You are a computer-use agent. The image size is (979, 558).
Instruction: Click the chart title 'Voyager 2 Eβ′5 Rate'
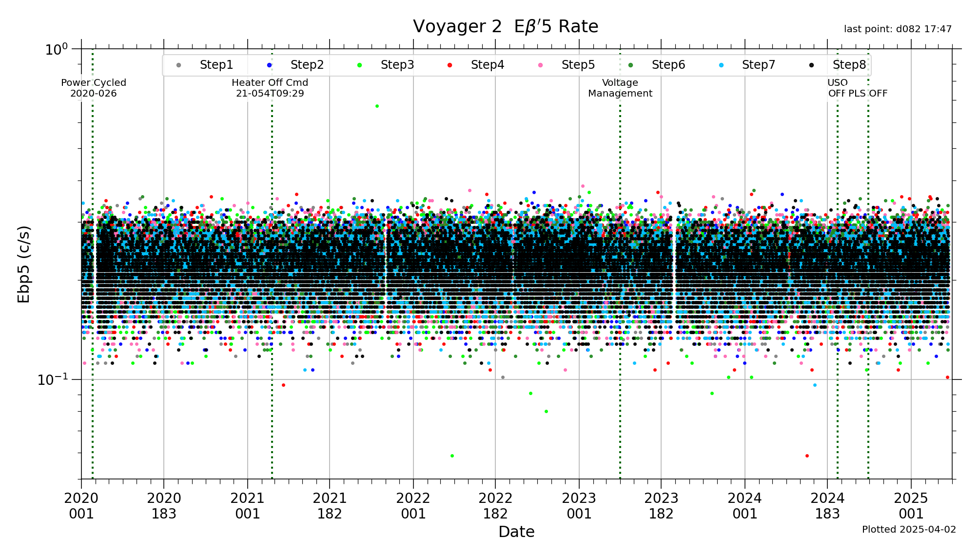coord(505,26)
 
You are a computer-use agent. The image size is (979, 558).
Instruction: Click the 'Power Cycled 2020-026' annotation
coord(94,88)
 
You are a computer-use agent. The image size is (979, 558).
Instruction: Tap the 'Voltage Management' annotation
coord(620,88)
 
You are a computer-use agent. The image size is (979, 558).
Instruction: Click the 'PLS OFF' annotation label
coord(868,93)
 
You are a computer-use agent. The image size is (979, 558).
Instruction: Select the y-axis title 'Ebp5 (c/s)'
coord(23,264)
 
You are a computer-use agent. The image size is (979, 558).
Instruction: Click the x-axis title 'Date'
coord(516,532)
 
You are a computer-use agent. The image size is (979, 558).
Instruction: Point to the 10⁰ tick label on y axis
coord(57,49)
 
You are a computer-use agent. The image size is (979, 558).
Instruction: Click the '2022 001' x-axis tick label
coord(413,505)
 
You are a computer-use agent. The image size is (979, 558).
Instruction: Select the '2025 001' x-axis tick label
coord(911,505)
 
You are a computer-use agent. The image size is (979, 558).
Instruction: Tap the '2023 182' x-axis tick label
coord(661,505)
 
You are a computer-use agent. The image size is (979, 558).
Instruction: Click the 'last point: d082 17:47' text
coord(898,29)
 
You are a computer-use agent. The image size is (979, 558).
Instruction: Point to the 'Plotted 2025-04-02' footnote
coord(909,529)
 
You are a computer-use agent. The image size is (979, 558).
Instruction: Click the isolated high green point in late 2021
coord(377,106)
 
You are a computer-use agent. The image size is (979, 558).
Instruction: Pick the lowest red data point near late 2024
coord(807,456)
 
